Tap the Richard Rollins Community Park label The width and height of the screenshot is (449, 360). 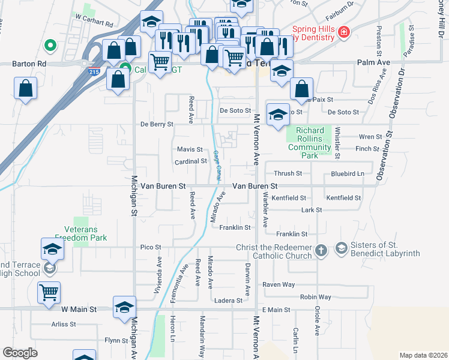coord(309,143)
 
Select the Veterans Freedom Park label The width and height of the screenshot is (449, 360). coord(81,233)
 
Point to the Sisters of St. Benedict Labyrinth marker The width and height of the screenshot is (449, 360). coord(341,248)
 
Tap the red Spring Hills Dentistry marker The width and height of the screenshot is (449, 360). coord(343,32)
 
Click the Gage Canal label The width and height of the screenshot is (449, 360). coord(216,164)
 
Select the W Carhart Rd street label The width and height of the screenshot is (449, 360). coord(94,25)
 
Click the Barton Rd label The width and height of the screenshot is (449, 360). coord(29,63)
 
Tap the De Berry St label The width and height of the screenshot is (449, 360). coord(157,124)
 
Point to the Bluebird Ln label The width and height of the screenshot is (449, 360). coord(348,174)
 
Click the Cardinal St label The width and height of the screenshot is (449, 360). coord(191,161)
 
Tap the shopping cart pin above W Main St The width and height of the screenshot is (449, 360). coord(49,292)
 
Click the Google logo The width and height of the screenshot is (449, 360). coord(20,353)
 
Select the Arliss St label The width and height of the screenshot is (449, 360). coord(64,324)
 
